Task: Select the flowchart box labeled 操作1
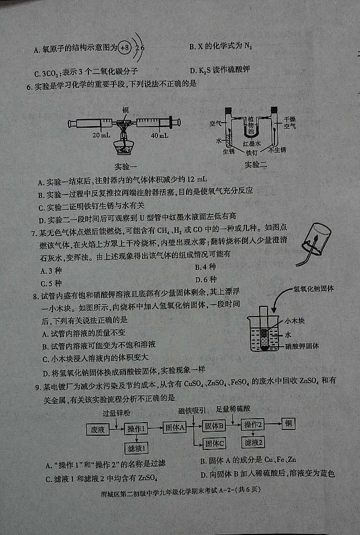(x=137, y=429)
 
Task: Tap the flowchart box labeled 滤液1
(x=137, y=448)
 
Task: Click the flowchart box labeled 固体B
(x=215, y=425)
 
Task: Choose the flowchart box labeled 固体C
(x=215, y=443)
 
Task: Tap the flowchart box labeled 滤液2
(x=253, y=443)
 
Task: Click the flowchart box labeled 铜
(x=289, y=424)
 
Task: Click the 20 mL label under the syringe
(x=101, y=136)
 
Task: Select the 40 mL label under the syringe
(x=159, y=136)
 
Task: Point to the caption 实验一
(x=126, y=167)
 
